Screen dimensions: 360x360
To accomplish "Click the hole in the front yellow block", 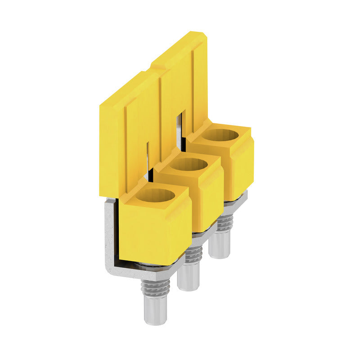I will click(x=155, y=196).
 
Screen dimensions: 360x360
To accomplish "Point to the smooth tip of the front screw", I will click(x=155, y=310).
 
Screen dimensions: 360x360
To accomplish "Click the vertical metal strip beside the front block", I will click(x=110, y=234).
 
